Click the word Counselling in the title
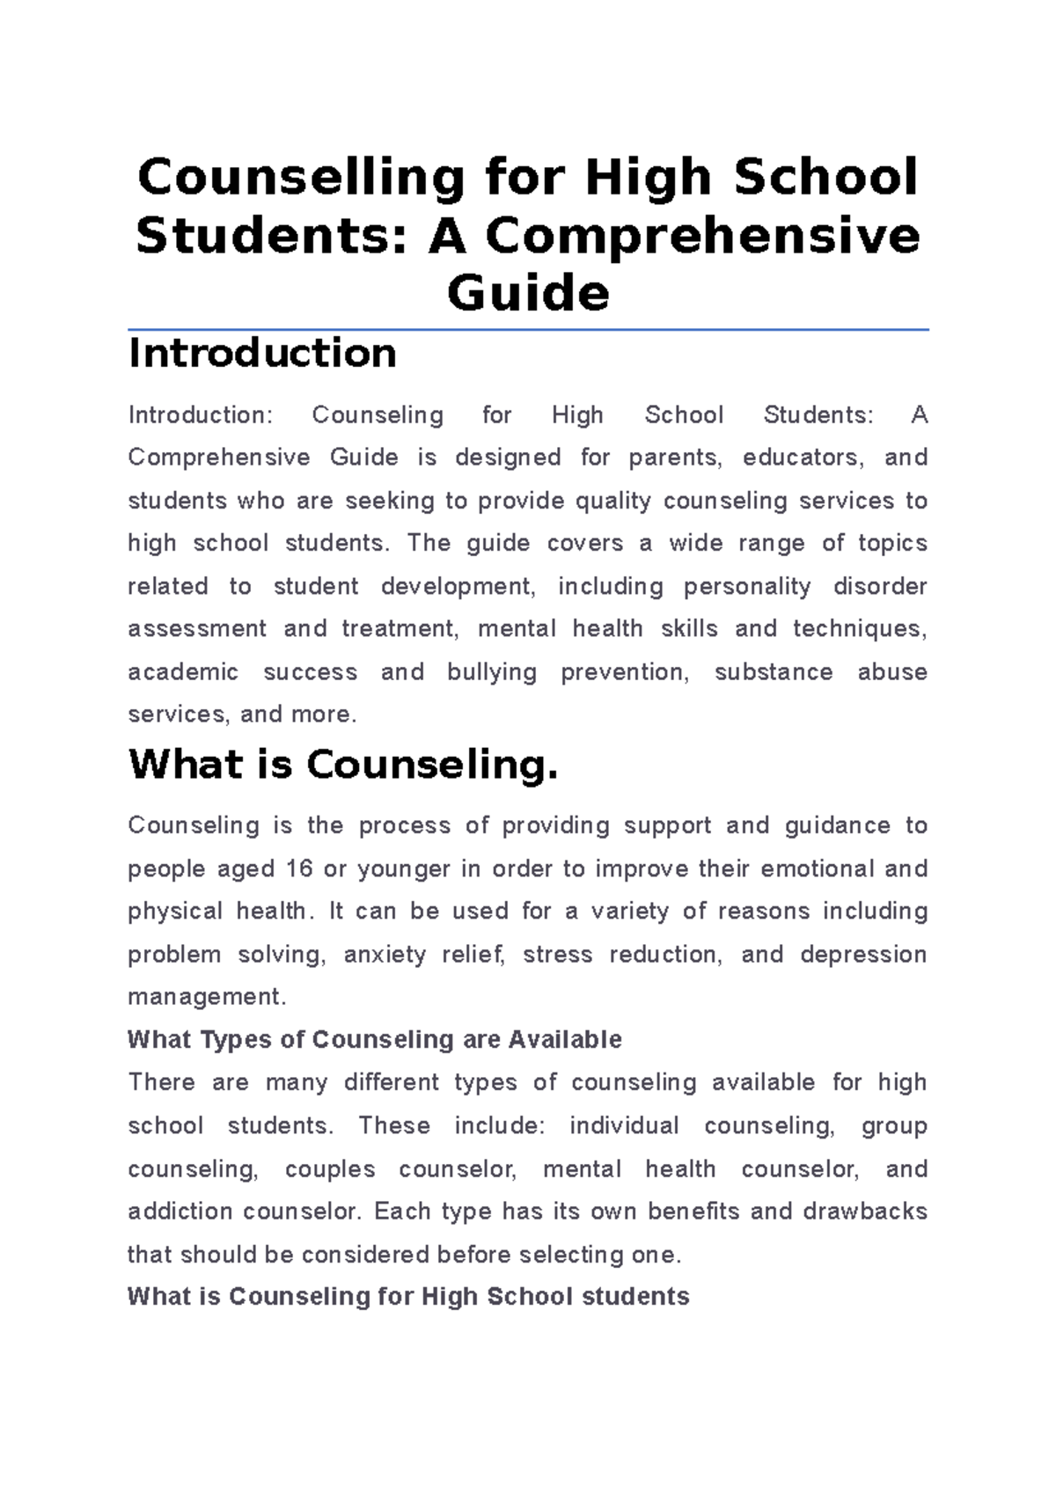301,178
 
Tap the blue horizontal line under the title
528,330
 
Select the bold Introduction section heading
262,354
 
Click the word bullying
492,672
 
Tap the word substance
774,672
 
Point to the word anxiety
385,955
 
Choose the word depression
863,955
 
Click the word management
207,997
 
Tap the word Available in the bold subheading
565,1040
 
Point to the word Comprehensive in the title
702,236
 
